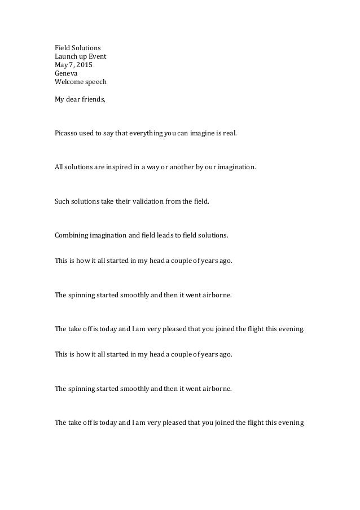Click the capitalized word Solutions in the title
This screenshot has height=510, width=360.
point(85,47)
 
